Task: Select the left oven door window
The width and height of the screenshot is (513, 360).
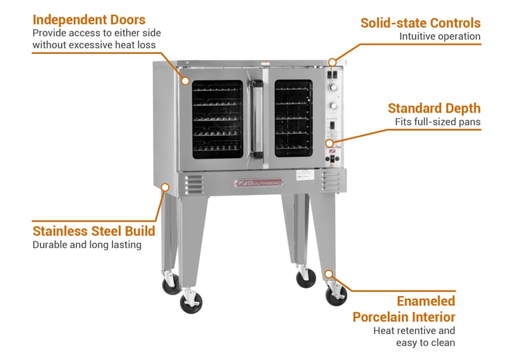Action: click(x=217, y=119)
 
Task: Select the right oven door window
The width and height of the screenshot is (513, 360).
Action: click(x=293, y=118)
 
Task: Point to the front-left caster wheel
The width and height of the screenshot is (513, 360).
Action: click(x=190, y=301)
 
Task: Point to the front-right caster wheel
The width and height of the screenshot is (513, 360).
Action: click(x=335, y=293)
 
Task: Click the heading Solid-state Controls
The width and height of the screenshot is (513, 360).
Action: click(x=420, y=23)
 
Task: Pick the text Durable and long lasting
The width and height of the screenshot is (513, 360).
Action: click(x=87, y=245)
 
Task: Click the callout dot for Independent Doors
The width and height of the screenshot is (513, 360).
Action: click(x=186, y=81)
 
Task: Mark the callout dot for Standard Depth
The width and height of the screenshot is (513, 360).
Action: click(x=328, y=143)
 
